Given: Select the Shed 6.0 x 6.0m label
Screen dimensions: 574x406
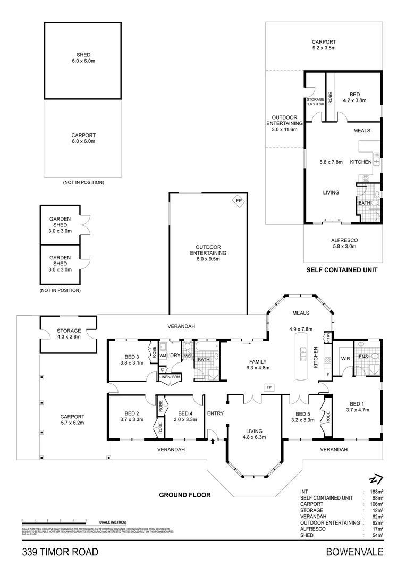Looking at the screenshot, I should click(82, 57).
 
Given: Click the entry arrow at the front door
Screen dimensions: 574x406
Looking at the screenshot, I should click(213, 440).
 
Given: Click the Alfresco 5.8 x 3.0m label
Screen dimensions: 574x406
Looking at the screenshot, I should click(342, 243).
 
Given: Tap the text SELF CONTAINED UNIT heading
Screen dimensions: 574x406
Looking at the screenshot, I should click(342, 270).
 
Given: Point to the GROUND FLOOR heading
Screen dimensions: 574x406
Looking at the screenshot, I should click(185, 495).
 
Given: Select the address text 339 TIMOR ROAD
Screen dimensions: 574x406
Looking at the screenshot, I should click(60, 552).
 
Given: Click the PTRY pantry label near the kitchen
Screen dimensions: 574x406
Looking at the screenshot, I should click(328, 336).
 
